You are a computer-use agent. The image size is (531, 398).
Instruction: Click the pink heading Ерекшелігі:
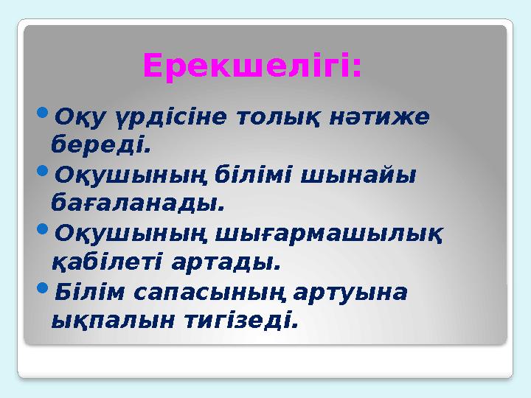[x=252, y=65]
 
